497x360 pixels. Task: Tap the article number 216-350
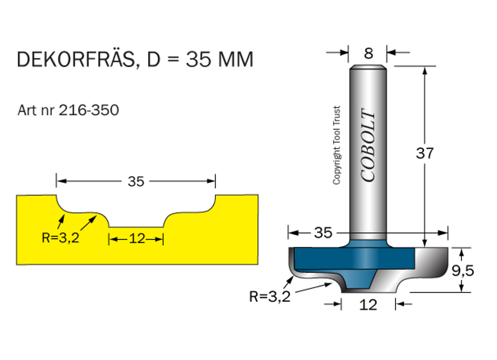pyautogui.click(x=89, y=110)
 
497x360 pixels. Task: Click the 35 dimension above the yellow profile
pyautogui.click(x=136, y=181)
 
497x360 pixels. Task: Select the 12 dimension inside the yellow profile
pyautogui.click(x=138, y=239)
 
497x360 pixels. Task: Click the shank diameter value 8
pyautogui.click(x=368, y=53)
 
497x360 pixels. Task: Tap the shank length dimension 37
pyautogui.click(x=425, y=153)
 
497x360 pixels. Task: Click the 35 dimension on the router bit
pyautogui.click(x=323, y=233)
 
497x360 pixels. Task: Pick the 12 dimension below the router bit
pyautogui.click(x=369, y=305)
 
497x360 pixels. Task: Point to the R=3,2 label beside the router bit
pyautogui.click(x=270, y=296)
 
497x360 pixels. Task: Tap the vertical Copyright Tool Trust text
pyautogui.click(x=337, y=146)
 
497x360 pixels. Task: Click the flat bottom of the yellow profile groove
pyautogui.click(x=136, y=226)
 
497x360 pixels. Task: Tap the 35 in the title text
pyautogui.click(x=196, y=60)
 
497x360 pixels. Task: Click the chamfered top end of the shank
pyautogui.click(x=368, y=67)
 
